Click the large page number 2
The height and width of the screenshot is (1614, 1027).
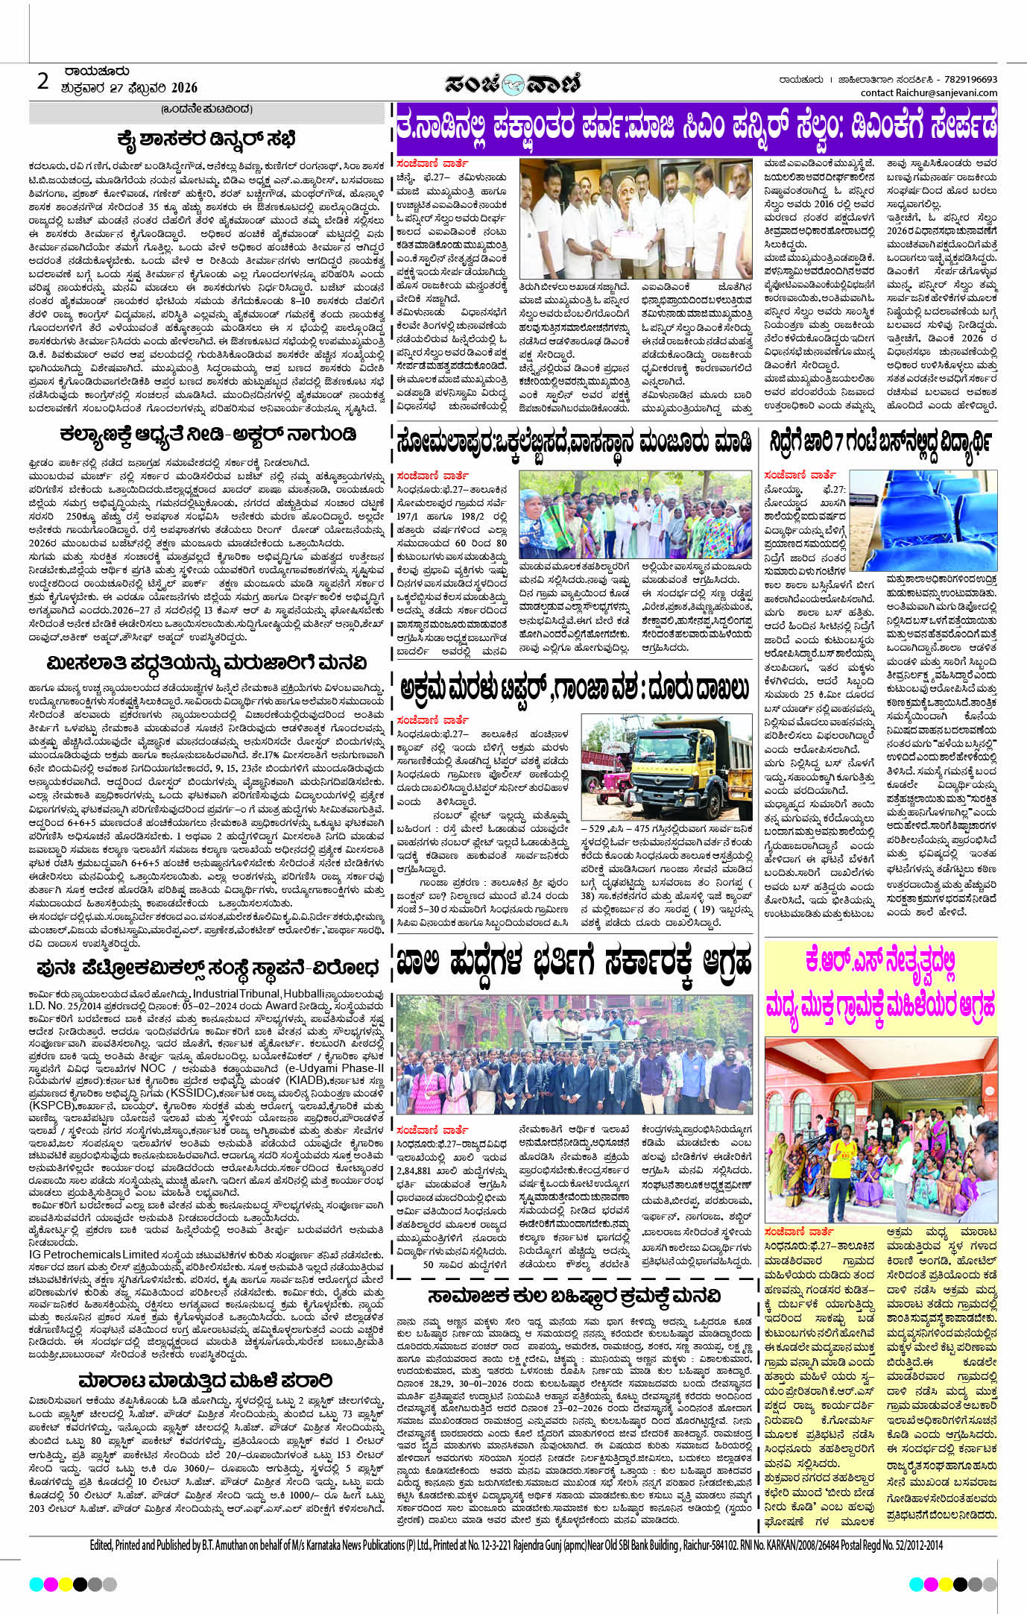(42, 80)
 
